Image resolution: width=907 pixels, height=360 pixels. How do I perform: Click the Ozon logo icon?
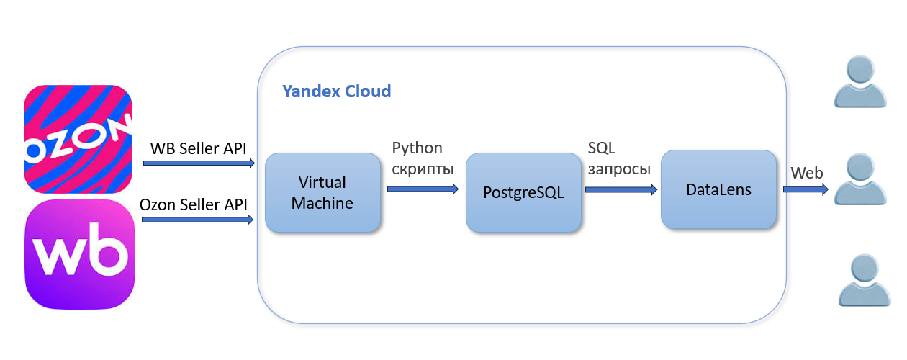(79, 139)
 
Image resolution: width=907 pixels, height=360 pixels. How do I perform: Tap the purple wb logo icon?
(81, 253)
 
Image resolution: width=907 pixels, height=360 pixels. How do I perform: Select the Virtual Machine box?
(322, 193)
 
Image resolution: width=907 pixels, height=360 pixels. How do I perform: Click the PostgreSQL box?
(524, 193)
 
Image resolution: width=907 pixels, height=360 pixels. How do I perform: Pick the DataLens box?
(718, 190)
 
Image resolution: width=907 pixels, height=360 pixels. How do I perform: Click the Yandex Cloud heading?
(337, 91)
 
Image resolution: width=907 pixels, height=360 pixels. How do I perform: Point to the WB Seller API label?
(198, 148)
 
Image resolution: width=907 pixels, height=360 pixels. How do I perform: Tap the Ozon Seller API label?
(194, 204)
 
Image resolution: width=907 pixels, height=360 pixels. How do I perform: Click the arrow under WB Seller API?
(199, 163)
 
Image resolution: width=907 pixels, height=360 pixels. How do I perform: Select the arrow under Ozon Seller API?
(198, 219)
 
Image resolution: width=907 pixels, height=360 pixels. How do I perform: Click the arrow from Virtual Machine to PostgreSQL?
(423, 189)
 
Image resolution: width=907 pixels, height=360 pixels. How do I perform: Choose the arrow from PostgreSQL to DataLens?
(621, 190)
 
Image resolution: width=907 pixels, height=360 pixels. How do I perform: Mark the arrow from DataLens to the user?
(804, 189)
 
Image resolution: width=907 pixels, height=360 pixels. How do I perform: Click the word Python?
(417, 148)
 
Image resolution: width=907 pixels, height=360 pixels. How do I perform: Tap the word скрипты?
(423, 170)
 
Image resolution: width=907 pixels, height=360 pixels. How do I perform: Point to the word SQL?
(602, 148)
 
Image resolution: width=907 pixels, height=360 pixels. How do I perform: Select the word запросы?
(619, 170)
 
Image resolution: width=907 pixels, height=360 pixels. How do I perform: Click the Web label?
(806, 174)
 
